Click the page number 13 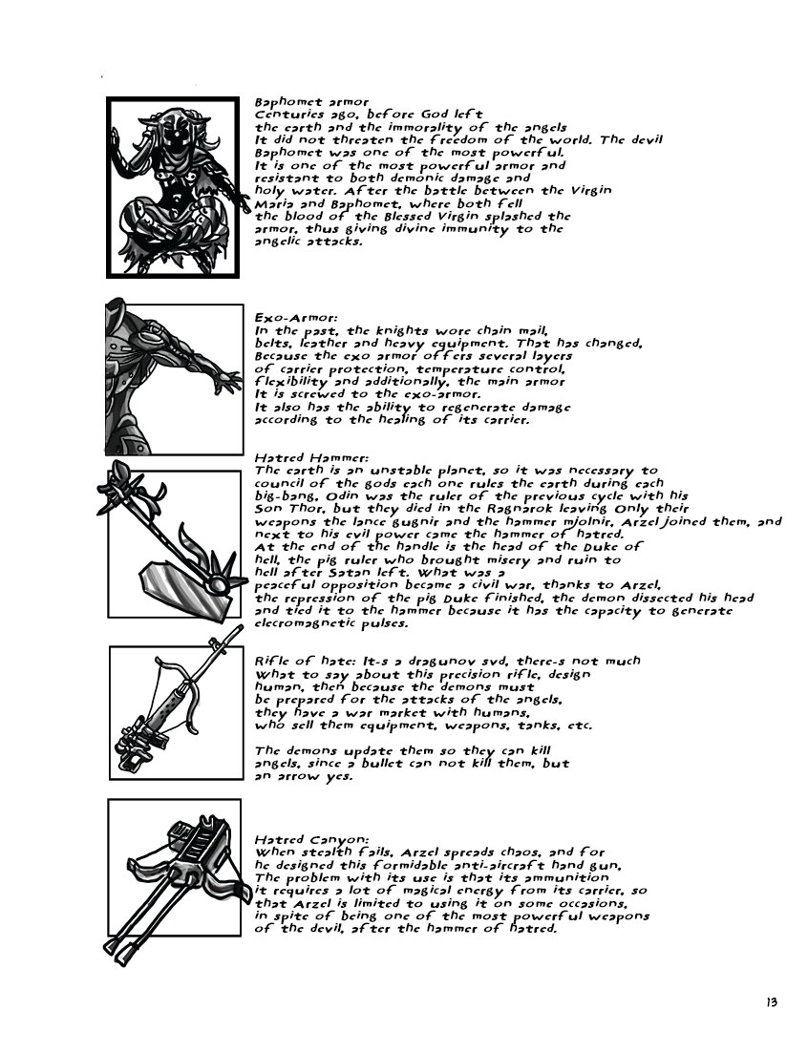click(x=772, y=1001)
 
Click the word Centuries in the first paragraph click(x=288, y=114)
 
